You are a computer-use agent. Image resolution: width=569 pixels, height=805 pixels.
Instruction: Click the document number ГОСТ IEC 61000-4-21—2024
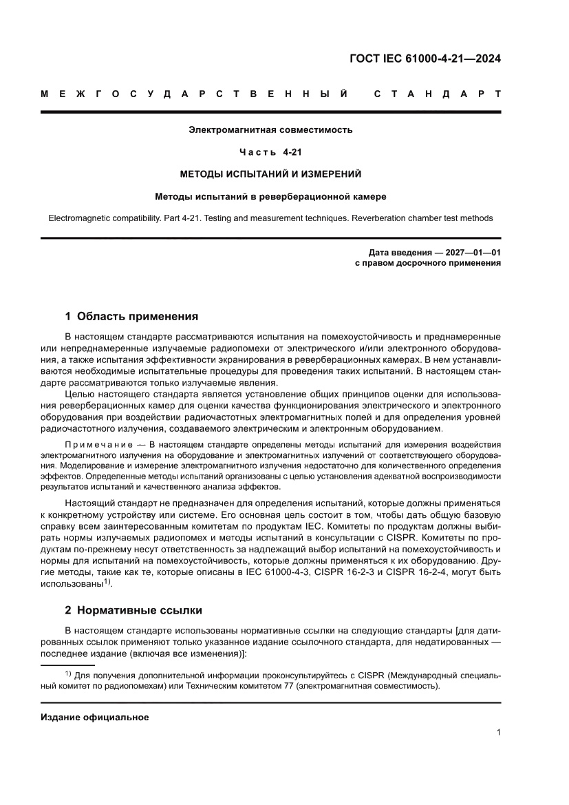pos(425,59)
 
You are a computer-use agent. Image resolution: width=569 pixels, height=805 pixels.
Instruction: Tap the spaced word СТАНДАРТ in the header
pos(437,94)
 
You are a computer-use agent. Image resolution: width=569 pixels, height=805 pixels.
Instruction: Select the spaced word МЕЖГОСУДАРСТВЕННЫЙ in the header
pos(194,94)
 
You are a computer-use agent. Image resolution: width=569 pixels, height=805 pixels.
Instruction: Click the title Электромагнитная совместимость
pos(270,129)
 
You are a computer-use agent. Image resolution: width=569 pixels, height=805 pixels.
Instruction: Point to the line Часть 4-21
pos(270,151)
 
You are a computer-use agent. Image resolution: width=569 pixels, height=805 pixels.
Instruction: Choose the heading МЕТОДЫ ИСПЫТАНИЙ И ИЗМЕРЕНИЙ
pos(270,174)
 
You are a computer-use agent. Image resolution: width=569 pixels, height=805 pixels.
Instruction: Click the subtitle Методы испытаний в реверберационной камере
pos(270,196)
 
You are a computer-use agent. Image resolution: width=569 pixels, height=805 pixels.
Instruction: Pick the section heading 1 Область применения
pos(131,317)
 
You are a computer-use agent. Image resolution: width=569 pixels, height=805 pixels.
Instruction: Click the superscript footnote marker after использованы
pos(107,581)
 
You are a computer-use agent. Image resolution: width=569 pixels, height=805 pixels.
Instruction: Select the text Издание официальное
pos(95,717)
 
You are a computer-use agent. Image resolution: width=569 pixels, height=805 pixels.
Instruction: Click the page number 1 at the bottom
pos(497,733)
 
